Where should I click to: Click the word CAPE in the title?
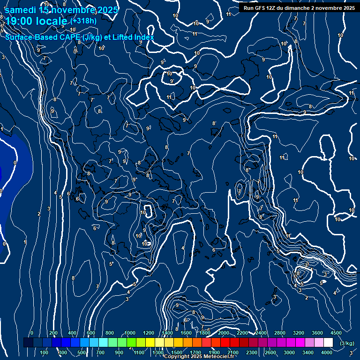coord(69,37)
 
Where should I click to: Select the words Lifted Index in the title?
coord(131,37)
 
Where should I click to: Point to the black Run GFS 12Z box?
coord(299,8)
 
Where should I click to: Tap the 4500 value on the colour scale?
coord(336,333)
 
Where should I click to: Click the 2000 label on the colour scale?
coord(224,333)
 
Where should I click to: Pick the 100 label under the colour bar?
coord(45,352)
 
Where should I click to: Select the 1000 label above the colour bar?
coord(130,333)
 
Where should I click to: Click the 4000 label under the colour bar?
coord(327,352)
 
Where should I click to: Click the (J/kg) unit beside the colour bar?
coord(347,343)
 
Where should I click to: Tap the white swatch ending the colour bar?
coord(328,343)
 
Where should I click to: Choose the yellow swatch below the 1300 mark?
coord(159,343)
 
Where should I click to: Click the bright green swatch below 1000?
coord(131,343)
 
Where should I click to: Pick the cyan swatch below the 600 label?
coord(94,343)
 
